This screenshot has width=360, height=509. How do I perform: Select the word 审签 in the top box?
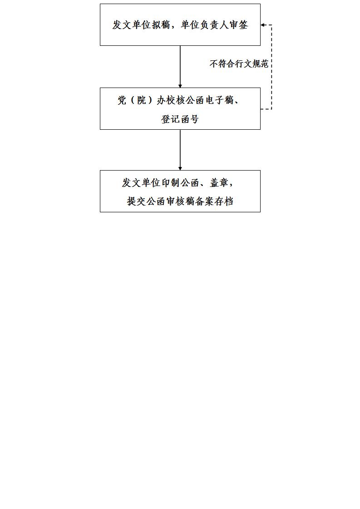(239, 24)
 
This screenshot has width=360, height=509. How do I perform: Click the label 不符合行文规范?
(239, 64)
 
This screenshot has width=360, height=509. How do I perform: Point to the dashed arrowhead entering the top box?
(262, 24)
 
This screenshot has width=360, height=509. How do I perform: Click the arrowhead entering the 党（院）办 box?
(180, 86)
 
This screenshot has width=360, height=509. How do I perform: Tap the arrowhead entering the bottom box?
(180, 168)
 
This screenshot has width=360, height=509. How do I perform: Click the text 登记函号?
(180, 119)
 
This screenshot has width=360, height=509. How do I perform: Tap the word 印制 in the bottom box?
(171, 183)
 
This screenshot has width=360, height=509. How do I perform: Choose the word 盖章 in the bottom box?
(219, 183)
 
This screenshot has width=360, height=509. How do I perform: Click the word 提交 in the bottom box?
(137, 201)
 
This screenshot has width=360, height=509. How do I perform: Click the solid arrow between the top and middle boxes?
(180, 67)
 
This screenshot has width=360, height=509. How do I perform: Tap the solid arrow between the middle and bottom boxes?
(180, 150)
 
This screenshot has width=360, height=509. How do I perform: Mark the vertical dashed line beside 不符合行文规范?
(271, 67)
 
